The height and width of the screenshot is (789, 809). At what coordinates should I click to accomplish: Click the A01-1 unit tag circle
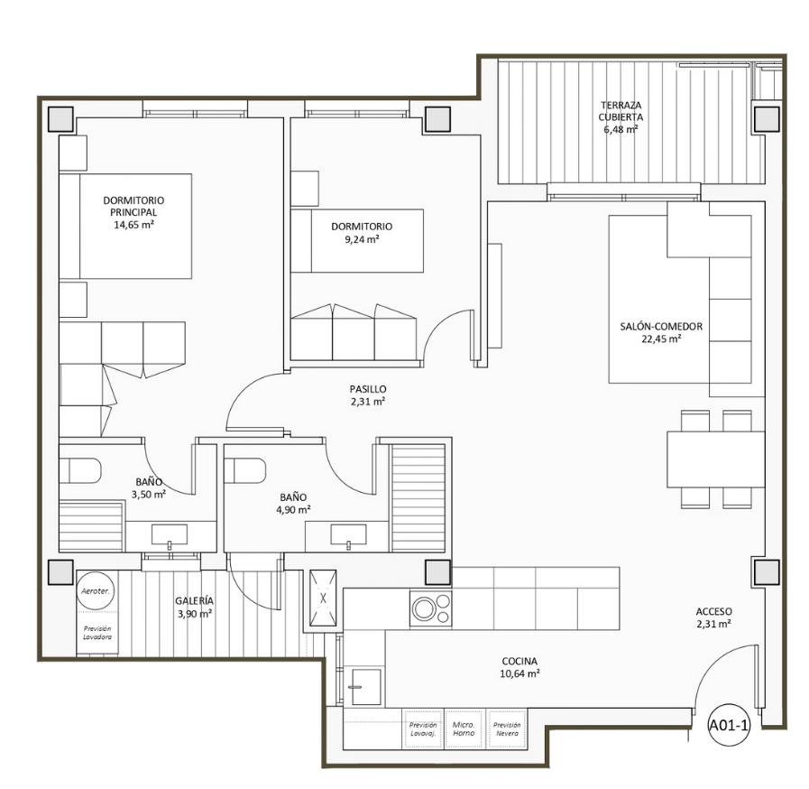[x=729, y=725]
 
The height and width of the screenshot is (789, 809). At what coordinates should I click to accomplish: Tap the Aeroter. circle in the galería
[x=93, y=590]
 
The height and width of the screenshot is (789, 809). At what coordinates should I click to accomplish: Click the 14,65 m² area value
[x=133, y=225]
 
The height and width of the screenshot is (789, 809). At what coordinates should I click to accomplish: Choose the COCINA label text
[x=519, y=661]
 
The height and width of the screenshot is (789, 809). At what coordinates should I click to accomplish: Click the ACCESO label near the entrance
[x=713, y=611]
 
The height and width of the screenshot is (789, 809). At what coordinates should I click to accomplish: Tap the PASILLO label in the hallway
[x=368, y=389]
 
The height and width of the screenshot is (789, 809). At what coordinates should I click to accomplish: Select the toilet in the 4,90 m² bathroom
[x=245, y=470]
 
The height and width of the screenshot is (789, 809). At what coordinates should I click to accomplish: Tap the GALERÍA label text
[x=194, y=601]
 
